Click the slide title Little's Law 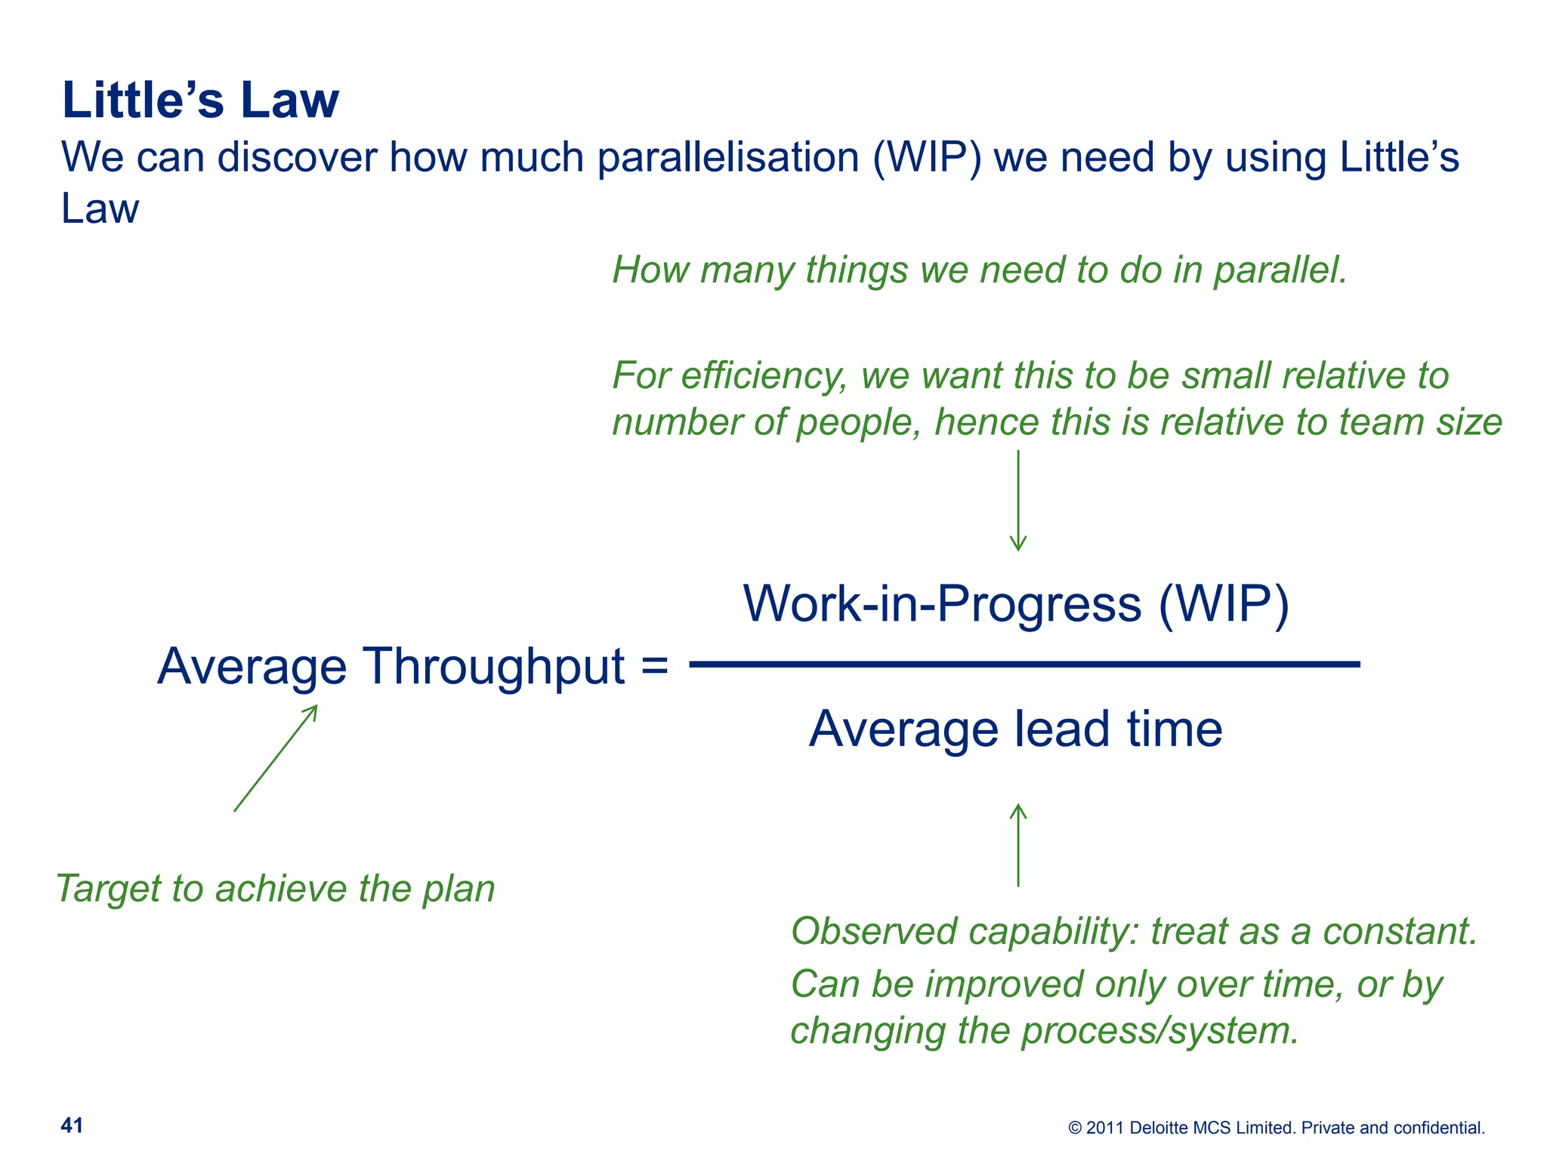click(200, 100)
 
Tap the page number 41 click(72, 1125)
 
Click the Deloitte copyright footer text click(1276, 1128)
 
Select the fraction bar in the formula click(1024, 665)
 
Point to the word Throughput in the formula click(495, 668)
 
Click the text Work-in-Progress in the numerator click(942, 604)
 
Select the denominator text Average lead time click(1015, 730)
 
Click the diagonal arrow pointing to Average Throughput click(276, 758)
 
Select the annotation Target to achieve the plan click(276, 888)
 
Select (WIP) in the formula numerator click(1224, 604)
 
